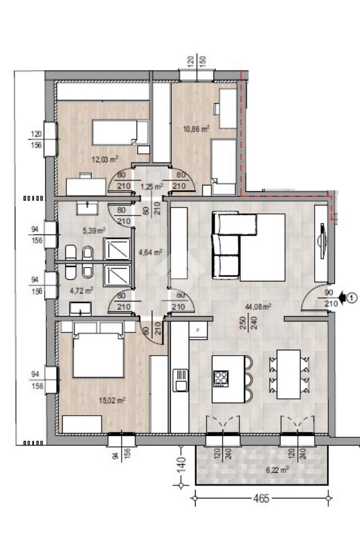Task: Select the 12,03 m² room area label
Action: [x=105, y=159]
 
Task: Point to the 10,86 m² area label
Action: [x=197, y=129]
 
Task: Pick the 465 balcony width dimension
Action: [x=261, y=498]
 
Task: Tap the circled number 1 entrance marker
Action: [x=353, y=298]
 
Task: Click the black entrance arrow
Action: [x=343, y=298]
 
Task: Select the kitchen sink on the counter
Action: [x=180, y=380]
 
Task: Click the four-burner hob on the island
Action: [x=221, y=379]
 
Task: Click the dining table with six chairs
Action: [x=288, y=374]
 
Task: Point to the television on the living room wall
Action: [x=322, y=241]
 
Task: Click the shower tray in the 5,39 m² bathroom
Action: [x=117, y=249]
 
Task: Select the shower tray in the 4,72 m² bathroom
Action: [x=117, y=276]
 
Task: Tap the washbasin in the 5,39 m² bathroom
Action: [x=87, y=208]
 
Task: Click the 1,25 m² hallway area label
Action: [x=152, y=187]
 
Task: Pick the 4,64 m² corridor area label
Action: [x=150, y=253]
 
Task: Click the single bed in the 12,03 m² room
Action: [x=120, y=132]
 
